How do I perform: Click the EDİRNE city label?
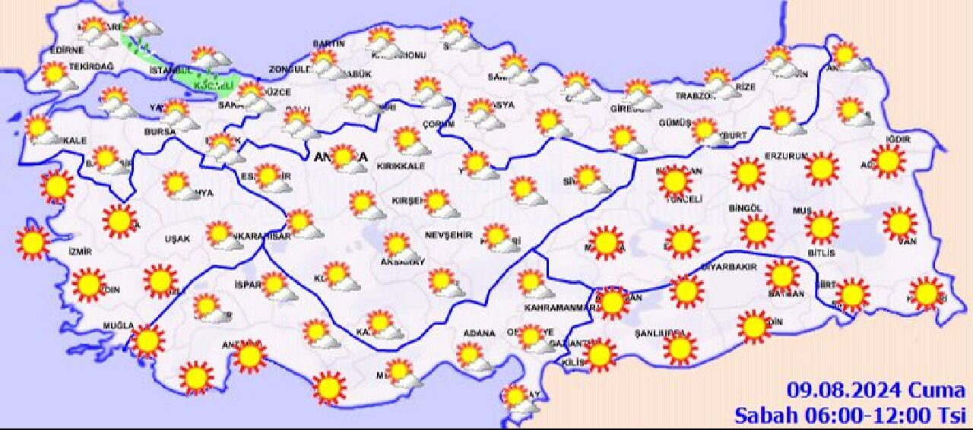click(x=65, y=51)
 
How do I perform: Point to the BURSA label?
click(x=160, y=131)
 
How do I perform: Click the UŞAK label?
click(x=177, y=239)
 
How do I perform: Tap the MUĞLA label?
click(x=119, y=326)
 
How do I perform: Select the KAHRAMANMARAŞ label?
click(x=558, y=308)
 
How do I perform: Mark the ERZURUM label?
click(x=786, y=157)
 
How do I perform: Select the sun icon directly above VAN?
click(x=899, y=223)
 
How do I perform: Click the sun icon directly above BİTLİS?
click(x=821, y=227)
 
